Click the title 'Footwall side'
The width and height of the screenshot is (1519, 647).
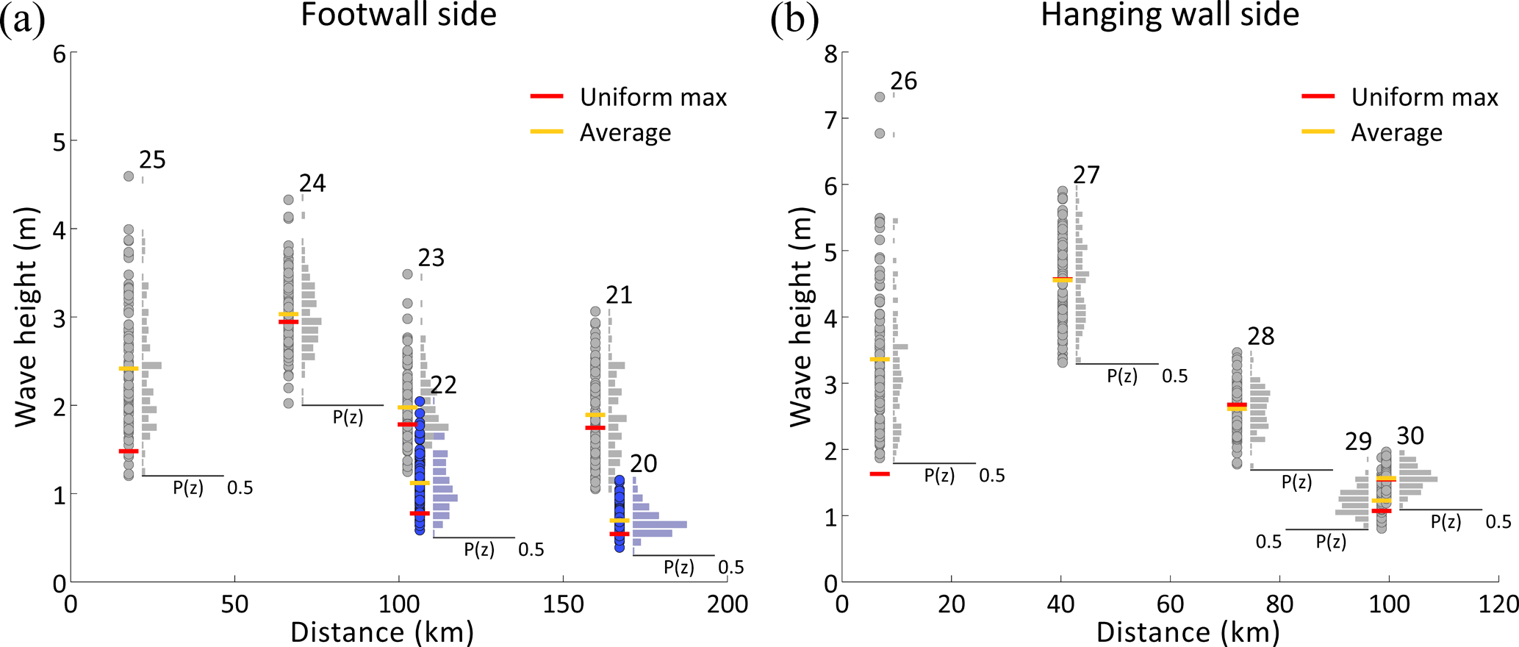point(398,15)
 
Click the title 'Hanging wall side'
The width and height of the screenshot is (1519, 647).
point(1170,15)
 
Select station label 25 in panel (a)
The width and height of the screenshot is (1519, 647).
point(153,160)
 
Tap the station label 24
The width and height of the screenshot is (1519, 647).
point(312,183)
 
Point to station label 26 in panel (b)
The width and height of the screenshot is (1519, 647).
point(904,81)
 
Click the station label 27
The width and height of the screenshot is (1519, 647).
point(1086,175)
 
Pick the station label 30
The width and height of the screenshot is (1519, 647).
point(1410,436)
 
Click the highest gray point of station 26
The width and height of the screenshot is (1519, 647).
point(880,97)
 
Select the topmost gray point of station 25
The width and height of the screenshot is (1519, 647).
point(129,176)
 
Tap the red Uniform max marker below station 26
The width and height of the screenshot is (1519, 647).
point(880,474)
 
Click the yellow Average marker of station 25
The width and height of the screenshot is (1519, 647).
point(129,368)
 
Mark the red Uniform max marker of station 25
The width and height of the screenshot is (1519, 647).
point(129,451)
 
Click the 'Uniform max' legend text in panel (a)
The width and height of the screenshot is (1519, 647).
point(653,97)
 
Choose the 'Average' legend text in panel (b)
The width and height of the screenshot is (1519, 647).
point(1396,132)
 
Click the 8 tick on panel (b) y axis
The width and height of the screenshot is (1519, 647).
point(831,53)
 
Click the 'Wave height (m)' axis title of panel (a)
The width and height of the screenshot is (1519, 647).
point(26,317)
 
